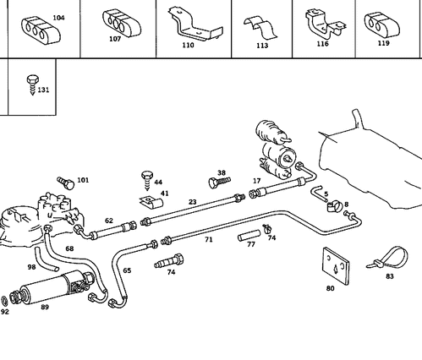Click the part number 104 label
tap(58, 18)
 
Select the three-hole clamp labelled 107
tap(122, 24)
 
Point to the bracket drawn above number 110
tap(196, 25)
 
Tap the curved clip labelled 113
tap(260, 27)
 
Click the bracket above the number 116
tap(324, 25)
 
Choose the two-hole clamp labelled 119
tap(382, 25)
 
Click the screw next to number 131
tap(32, 85)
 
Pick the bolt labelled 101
tap(66, 183)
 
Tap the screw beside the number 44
tap(147, 180)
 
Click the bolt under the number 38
tap(220, 182)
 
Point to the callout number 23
tap(193, 202)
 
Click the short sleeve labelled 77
tap(249, 235)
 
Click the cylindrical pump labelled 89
tap(52, 287)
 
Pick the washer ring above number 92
tap(5, 302)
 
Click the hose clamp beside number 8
tap(335, 206)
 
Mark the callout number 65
tap(127, 270)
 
